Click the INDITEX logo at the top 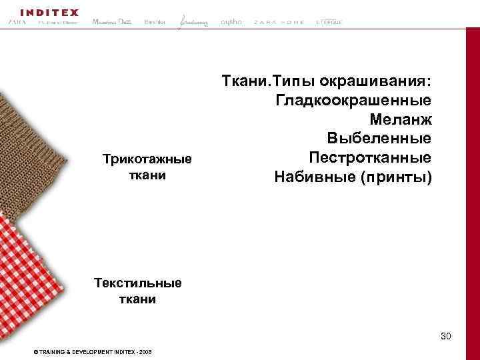click(49, 12)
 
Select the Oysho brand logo click(231, 22)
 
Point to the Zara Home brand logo click(279, 23)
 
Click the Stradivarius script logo click(193, 23)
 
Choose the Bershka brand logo click(155, 23)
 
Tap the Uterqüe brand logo click(328, 23)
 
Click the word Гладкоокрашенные click(352, 101)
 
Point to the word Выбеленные click(379, 139)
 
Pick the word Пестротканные click(370, 158)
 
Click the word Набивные click(311, 177)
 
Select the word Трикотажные click(147, 159)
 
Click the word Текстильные click(138, 283)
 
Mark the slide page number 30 click(445, 337)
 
